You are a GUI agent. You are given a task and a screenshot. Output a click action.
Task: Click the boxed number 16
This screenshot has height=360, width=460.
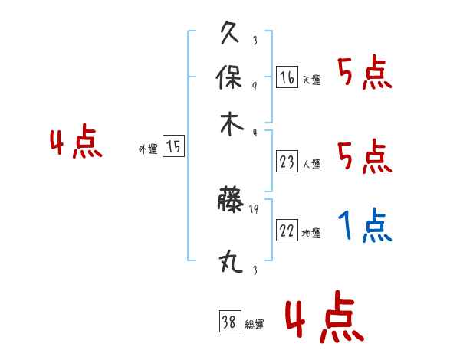coord(287,77)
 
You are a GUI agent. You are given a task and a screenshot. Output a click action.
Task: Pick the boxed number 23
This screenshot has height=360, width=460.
coord(287,162)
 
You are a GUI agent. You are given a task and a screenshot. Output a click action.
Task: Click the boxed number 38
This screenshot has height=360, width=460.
coord(229,322)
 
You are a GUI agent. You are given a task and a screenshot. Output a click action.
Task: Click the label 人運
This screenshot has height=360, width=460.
coord(311,164)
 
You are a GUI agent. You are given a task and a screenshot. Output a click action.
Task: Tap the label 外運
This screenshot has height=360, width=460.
coord(147,149)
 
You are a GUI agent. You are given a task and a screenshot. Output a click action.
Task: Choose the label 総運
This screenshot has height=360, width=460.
coord(254,325)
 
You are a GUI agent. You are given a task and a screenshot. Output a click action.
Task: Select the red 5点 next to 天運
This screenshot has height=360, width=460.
coord(364,74)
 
